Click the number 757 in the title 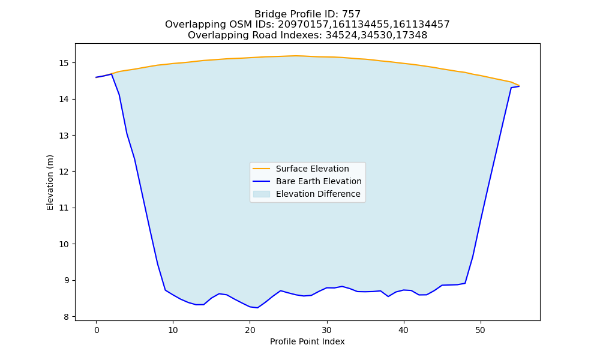click(x=351, y=14)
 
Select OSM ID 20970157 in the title click(x=302, y=25)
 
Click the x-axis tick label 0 click(x=97, y=330)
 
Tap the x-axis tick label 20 click(x=250, y=330)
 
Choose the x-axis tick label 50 click(x=480, y=330)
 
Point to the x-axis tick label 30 click(x=327, y=330)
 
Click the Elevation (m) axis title click(x=50, y=182)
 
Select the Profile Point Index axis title click(x=307, y=341)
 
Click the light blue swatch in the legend click(x=262, y=194)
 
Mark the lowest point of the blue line click(x=257, y=308)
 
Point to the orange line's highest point click(x=296, y=56)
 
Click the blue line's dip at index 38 click(x=388, y=296)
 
